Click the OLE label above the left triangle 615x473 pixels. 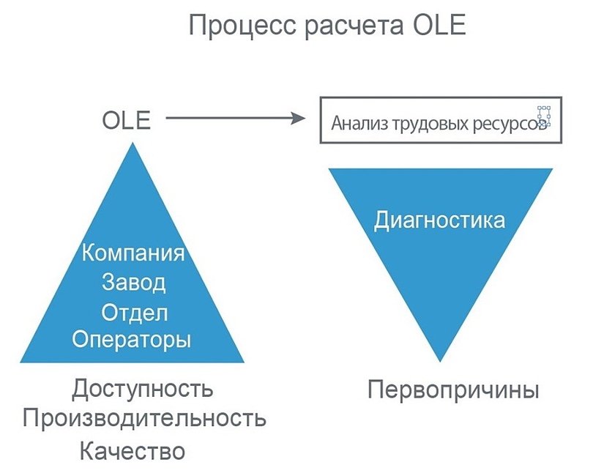pyautogui.click(x=126, y=119)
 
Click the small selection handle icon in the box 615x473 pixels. pyautogui.click(x=543, y=115)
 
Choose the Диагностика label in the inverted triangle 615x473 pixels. pyautogui.click(x=439, y=220)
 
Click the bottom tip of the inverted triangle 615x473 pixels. pyautogui.click(x=439, y=359)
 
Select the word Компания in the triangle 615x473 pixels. pyautogui.click(x=133, y=254)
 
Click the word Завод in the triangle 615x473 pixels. pyautogui.click(x=133, y=283)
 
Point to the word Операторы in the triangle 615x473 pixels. pyautogui.click(x=132, y=340)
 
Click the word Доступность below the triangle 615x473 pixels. pyautogui.click(x=143, y=388)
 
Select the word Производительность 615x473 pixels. pyautogui.click(x=143, y=420)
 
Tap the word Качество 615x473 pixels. pyautogui.click(x=133, y=451)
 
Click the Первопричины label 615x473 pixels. pyautogui.click(x=453, y=389)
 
